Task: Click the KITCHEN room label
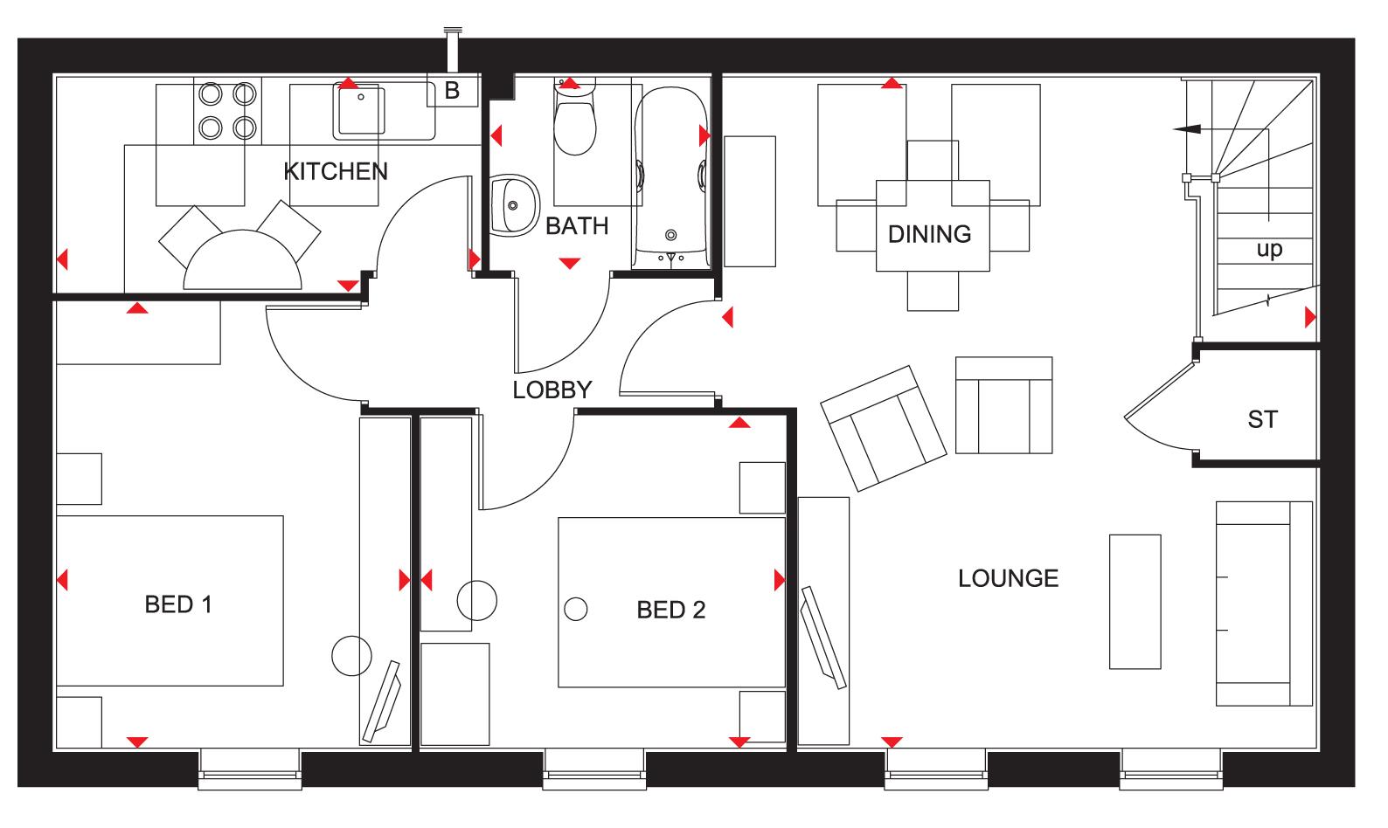point(336,171)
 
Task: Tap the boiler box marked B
point(452,90)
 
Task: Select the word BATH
point(577,226)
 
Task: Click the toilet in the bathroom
point(574,122)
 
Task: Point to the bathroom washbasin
point(514,205)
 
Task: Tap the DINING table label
point(929,234)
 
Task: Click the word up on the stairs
point(1269,250)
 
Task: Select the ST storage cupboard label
point(1261,420)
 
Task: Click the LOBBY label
point(552,390)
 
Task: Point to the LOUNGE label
point(1008,578)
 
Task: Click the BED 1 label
point(178,604)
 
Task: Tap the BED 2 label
point(670,610)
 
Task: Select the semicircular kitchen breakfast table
point(243,262)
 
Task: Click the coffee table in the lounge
point(1135,601)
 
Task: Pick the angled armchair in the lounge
point(883,427)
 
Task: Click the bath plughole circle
point(670,235)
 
